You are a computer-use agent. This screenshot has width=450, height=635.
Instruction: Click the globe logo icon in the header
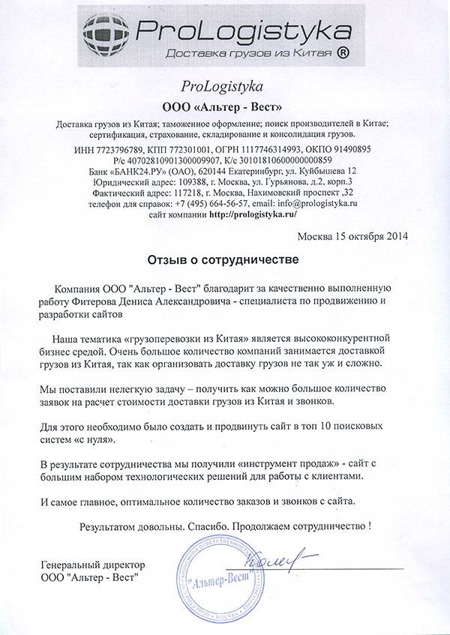coord(107,33)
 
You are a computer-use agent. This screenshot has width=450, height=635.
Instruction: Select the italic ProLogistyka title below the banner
coord(223,84)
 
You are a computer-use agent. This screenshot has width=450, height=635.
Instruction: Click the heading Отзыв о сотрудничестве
coord(223,261)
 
